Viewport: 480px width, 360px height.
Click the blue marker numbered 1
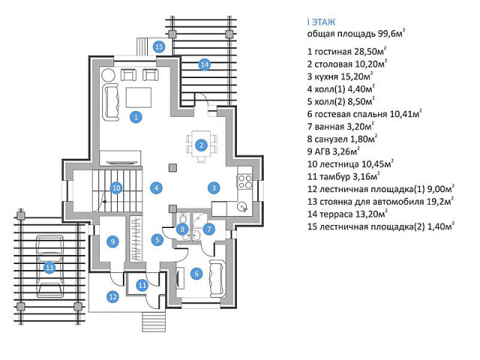[136, 116]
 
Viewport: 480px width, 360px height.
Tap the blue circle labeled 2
[201, 145]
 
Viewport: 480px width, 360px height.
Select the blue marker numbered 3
[213, 187]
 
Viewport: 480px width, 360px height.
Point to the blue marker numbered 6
[196, 274]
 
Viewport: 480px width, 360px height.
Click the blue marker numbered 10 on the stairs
[116, 187]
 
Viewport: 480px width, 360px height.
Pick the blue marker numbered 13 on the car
[49, 266]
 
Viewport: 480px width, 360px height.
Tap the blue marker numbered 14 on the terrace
[204, 64]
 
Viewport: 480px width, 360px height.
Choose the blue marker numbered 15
[159, 46]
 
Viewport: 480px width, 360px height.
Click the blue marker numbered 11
[142, 284]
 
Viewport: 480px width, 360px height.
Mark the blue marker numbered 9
[112, 241]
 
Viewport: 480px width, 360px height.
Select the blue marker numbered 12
[112, 297]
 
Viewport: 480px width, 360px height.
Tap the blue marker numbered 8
[182, 229]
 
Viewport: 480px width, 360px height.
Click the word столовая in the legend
[337, 63]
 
